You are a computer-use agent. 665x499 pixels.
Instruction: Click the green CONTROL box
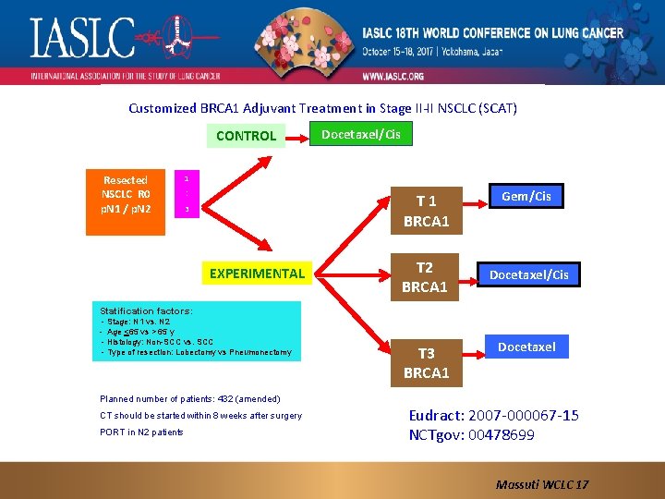click(x=246, y=136)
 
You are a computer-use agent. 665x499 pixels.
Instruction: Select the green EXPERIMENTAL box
click(x=257, y=274)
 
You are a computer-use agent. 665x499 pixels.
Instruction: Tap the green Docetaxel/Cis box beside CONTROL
click(x=360, y=135)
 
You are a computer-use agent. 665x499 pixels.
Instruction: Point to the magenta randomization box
click(x=187, y=194)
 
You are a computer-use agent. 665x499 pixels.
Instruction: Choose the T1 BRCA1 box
click(x=425, y=212)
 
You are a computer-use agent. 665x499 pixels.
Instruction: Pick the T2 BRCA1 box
click(x=425, y=277)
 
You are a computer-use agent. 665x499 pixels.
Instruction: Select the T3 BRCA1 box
click(x=426, y=362)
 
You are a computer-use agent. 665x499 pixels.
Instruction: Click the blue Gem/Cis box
click(x=526, y=196)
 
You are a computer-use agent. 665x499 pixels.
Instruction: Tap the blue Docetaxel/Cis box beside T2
click(x=528, y=274)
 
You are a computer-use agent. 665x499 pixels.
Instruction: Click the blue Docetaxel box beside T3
click(x=526, y=347)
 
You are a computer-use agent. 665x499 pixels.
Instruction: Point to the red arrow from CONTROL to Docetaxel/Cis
click(x=297, y=137)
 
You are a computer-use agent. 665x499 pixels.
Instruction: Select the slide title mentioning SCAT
click(x=322, y=108)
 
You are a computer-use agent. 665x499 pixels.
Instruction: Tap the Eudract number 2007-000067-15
click(x=494, y=416)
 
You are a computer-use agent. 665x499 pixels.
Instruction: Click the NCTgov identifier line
click(x=471, y=434)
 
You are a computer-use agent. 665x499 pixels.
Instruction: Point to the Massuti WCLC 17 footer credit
click(x=542, y=484)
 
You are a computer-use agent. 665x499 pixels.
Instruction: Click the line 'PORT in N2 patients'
click(x=141, y=432)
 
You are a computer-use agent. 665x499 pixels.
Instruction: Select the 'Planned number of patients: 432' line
click(x=189, y=399)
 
